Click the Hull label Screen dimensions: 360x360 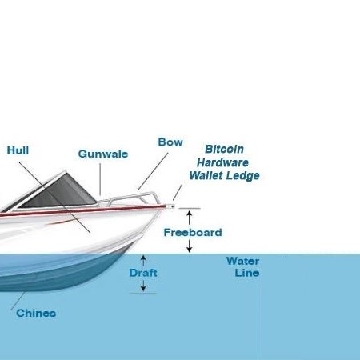tap(18, 150)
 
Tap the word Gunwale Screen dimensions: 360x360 tap(103, 154)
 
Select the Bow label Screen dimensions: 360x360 tap(170, 142)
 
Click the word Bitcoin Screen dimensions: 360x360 tap(224, 149)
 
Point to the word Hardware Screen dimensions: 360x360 tap(222, 162)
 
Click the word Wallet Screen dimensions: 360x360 tap(206, 175)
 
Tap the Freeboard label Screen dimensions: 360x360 tap(193, 232)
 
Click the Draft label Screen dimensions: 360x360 tap(143, 273)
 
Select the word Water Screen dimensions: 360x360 tap(242, 261)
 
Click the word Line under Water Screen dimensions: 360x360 tap(247, 273)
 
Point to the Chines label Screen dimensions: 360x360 tap(36, 313)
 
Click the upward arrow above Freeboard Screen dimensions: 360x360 tap(189, 218)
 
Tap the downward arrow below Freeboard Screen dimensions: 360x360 tap(189, 246)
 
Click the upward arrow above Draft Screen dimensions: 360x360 tap(143, 260)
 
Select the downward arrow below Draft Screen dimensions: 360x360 tap(143, 286)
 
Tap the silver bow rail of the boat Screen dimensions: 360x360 tap(134, 198)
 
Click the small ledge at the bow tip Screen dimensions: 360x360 tap(170, 206)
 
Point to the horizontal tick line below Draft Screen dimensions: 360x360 tap(143, 294)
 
